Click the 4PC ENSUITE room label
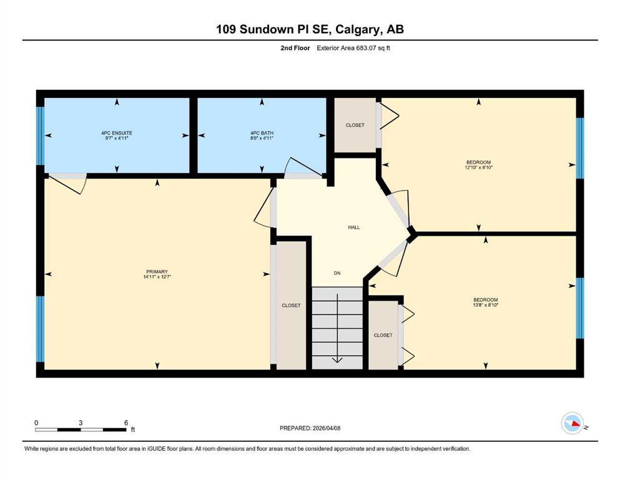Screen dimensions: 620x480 (117, 133)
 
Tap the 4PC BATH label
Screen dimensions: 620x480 (262, 133)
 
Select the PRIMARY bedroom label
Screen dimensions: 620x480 (157, 271)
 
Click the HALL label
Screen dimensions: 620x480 (354, 227)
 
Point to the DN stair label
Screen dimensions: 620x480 (337, 273)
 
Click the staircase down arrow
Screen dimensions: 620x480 (337, 328)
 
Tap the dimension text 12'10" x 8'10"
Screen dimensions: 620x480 (478, 167)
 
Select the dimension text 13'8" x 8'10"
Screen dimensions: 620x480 (485, 305)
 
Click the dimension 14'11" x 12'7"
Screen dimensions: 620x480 (157, 277)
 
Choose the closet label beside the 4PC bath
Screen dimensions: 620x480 (355, 125)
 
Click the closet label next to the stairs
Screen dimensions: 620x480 (291, 306)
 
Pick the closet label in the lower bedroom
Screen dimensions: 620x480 (383, 335)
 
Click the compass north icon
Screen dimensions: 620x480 (572, 423)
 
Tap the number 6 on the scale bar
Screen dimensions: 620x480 (126, 422)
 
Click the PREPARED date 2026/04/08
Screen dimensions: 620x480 (326, 428)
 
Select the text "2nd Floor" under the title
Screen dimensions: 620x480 (295, 48)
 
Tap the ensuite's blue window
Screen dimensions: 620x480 (40, 136)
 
